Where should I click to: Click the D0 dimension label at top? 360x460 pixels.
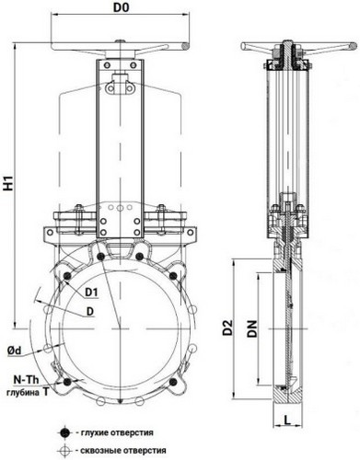[121, 7]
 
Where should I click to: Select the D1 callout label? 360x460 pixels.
[91, 293]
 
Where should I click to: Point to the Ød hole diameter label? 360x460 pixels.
[14, 351]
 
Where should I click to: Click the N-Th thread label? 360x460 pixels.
[26, 380]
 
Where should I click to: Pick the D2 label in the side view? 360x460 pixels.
[228, 328]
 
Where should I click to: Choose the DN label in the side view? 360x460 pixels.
[252, 328]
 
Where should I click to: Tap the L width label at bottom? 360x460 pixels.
[287, 420]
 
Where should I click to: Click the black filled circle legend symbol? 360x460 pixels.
[64, 433]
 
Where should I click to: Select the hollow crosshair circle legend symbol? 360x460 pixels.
[64, 451]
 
